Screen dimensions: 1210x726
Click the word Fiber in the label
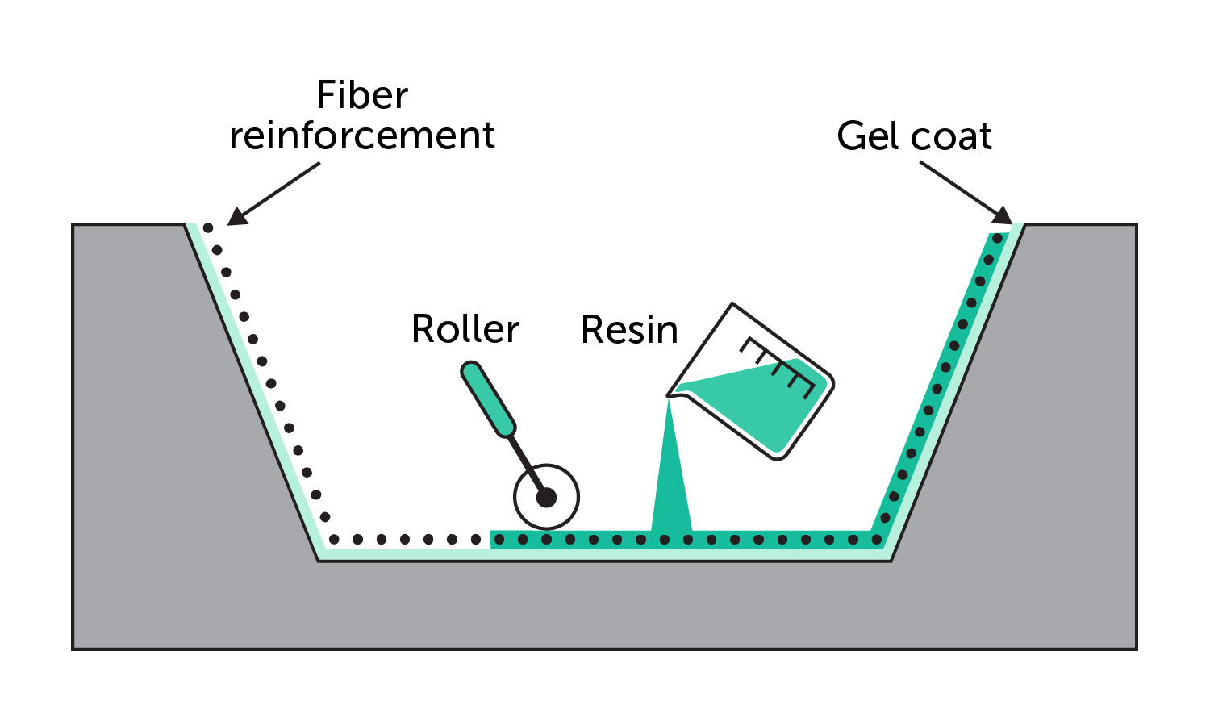pyautogui.click(x=362, y=95)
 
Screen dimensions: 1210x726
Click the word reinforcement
pyautogui.click(x=361, y=136)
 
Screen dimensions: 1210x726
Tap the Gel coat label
pyautogui.click(x=914, y=136)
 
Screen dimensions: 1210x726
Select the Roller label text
pyautogui.click(x=465, y=329)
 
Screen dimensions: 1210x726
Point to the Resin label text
pyautogui.click(x=629, y=330)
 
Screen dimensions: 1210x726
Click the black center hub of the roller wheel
pyautogui.click(x=546, y=498)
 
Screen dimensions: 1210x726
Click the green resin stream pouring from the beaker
pyautogui.click(x=671, y=484)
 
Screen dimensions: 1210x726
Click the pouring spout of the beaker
pyautogui.click(x=671, y=394)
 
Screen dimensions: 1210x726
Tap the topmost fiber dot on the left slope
pyautogui.click(x=208, y=228)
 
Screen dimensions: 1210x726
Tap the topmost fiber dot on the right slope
pyautogui.click(x=997, y=239)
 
